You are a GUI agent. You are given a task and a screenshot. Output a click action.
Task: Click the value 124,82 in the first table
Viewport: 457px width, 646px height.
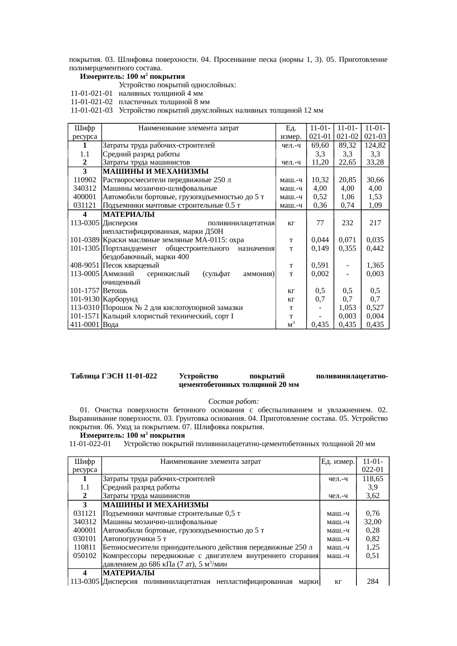[x=375, y=145]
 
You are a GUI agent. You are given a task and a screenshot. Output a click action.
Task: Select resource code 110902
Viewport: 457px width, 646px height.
[x=85, y=180]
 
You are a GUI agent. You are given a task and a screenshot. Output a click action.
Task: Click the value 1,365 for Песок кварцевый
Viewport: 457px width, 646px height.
[x=375, y=265]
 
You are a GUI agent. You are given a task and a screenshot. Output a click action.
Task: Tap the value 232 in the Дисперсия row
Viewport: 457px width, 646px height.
[x=348, y=223]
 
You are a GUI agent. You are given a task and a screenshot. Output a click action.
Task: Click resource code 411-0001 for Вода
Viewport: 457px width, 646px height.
[x=85, y=325]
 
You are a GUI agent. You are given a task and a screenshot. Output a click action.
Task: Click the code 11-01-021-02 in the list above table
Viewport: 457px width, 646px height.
[x=91, y=102]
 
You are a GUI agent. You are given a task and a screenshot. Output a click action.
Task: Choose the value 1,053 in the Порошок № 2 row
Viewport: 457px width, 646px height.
[x=348, y=308]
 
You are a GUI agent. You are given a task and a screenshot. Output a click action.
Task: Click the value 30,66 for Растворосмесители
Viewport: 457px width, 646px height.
[x=375, y=180]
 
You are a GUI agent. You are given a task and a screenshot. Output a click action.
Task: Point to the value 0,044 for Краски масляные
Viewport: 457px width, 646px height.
[x=320, y=240]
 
